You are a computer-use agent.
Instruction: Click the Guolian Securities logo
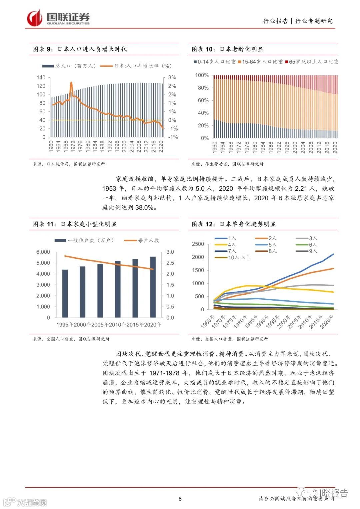coord(58,18)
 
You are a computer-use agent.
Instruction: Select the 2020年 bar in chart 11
coord(153,287)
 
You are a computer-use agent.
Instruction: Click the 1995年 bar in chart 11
coord(65,293)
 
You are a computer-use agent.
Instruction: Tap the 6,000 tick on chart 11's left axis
coord(43,252)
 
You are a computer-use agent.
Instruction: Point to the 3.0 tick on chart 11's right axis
coord(170,252)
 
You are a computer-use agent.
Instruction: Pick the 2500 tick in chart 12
coord(198,244)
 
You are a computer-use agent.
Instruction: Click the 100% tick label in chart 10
coord(202,75)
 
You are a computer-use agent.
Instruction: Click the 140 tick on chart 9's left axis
coord(41,77)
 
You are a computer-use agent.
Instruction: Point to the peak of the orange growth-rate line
coord(71,82)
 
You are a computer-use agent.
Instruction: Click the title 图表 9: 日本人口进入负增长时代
coord(80,49)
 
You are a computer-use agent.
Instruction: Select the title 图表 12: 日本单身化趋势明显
coord(234,224)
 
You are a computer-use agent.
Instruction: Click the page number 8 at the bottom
coord(180,499)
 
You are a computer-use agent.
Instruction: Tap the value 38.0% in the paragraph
coord(144,208)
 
